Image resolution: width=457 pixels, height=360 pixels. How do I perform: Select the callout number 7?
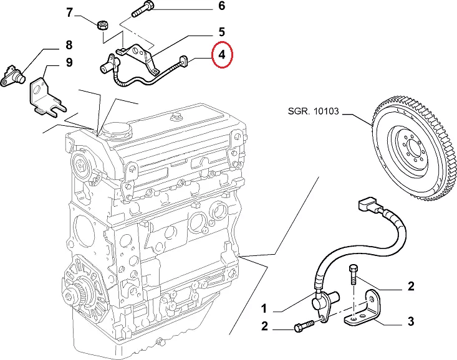pyautogui.click(x=69, y=12)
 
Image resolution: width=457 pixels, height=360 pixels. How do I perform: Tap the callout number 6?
pyautogui.click(x=203, y=7)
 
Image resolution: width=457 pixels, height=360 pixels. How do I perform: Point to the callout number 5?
pyautogui.click(x=203, y=31)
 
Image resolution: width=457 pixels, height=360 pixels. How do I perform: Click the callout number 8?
pyautogui.click(x=69, y=45)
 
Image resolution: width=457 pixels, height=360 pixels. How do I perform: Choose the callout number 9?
pyautogui.click(x=69, y=62)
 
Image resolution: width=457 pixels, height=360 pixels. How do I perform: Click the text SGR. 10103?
pyautogui.click(x=313, y=111)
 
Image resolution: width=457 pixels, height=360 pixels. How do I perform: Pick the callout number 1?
pyautogui.click(x=264, y=309)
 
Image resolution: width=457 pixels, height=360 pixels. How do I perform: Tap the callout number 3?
pyautogui.click(x=410, y=321)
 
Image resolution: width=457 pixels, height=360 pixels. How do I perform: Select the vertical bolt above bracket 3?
pyautogui.click(x=353, y=273)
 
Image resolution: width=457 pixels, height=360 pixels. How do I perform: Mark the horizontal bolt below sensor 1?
pyautogui.click(x=303, y=327)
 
